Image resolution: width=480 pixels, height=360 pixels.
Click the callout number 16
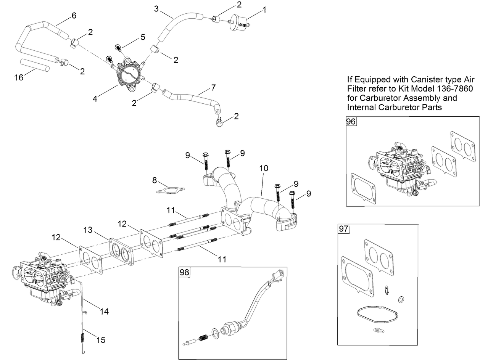19,77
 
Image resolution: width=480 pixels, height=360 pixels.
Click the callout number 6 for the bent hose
74,15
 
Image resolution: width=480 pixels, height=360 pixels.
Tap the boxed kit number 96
351,122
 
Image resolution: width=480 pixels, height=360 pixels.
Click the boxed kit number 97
343,229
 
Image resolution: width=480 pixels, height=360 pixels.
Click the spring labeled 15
83,337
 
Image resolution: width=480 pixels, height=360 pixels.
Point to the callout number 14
104,312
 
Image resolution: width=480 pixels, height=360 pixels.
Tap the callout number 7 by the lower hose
213,88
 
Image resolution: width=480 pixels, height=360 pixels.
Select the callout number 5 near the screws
143,37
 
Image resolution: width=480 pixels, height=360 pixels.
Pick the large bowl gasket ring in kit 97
377,315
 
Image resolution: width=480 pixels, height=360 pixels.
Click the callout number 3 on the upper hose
156,8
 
